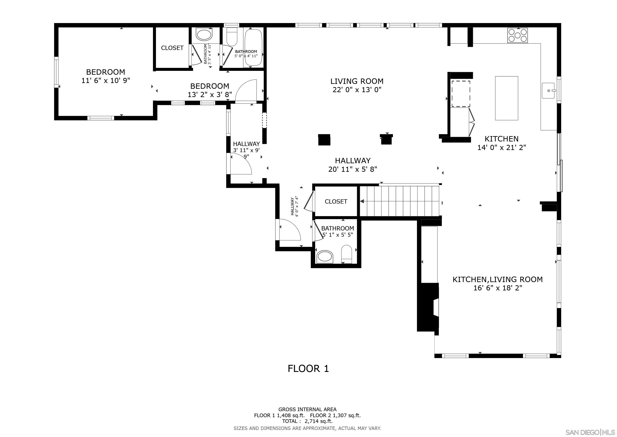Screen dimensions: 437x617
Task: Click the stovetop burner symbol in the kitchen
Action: tap(517, 35)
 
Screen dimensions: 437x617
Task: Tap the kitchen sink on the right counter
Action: tap(548, 91)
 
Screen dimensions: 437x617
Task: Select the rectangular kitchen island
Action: tap(506, 98)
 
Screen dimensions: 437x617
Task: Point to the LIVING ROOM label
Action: tap(357, 81)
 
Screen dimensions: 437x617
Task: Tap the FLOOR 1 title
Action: tap(308, 368)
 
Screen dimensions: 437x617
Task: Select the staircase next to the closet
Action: tap(400, 201)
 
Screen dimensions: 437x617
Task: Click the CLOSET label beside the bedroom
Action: tap(172, 48)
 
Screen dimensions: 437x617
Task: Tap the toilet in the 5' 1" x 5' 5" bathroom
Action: tap(346, 254)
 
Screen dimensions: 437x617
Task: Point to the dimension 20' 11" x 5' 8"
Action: tap(352, 169)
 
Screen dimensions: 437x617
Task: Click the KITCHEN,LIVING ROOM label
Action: tap(497, 279)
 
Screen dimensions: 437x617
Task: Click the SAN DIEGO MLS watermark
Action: tap(590, 432)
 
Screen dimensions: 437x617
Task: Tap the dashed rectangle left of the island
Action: tap(461, 94)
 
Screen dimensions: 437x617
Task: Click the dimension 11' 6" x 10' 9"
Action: tap(106, 80)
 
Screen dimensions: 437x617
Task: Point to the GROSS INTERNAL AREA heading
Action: tap(307, 409)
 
